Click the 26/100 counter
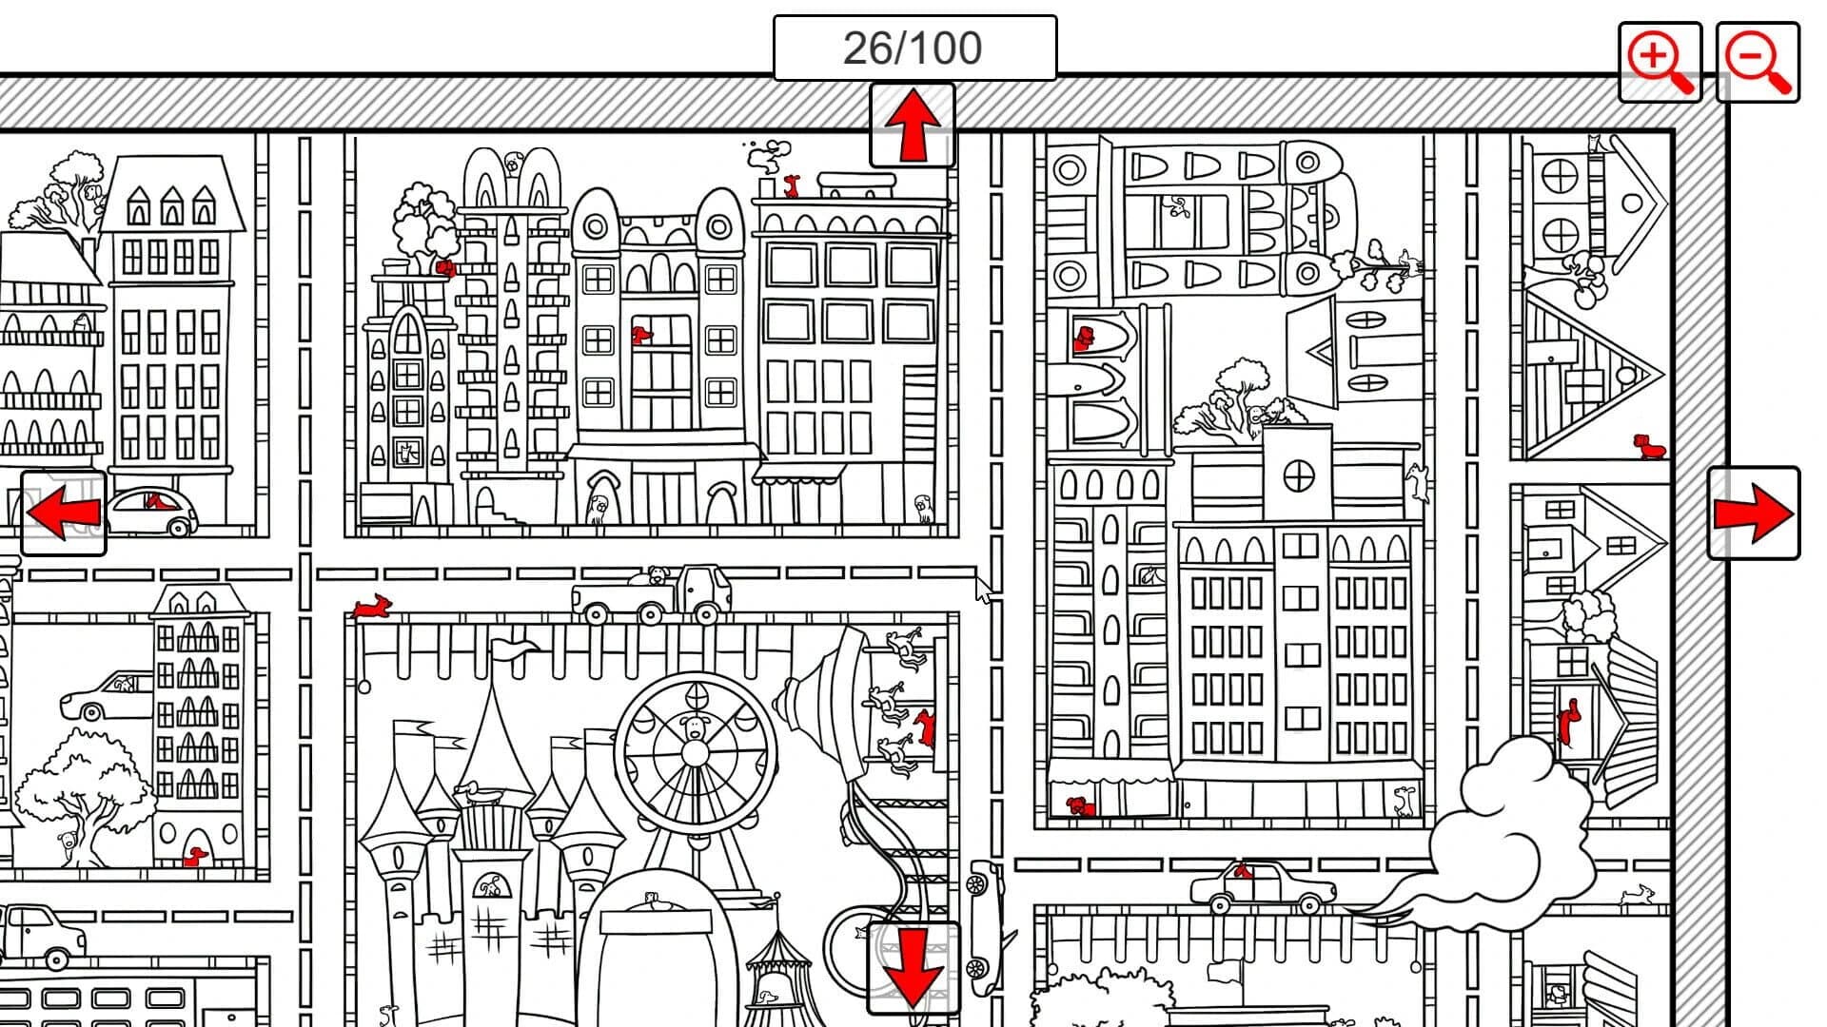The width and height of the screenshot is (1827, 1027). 913,48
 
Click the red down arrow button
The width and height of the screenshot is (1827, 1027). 913,968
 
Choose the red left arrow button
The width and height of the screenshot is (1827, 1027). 64,513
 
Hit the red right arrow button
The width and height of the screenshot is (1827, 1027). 1754,513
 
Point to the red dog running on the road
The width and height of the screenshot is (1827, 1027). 371,606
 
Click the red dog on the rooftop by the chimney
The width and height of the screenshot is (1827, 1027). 791,184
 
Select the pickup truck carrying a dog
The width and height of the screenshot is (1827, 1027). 652,595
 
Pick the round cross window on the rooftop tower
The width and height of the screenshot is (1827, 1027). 1298,475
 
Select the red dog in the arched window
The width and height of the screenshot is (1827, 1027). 1084,338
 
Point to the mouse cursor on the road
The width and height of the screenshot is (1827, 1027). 984,590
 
